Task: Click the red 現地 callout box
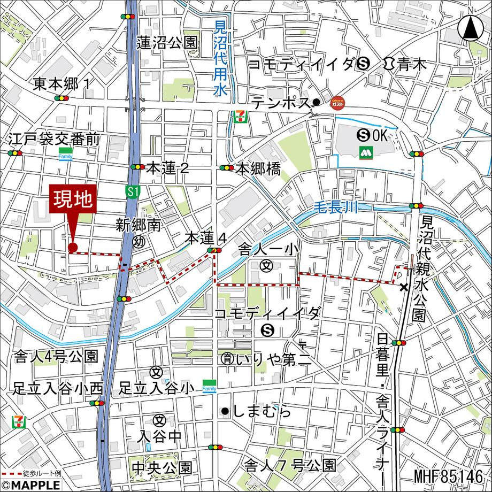point(73,199)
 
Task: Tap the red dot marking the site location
point(73,247)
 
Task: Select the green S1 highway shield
point(133,191)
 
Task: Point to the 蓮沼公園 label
point(167,43)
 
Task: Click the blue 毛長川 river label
point(335,205)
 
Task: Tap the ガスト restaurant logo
point(337,103)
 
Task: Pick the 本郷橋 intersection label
point(258,169)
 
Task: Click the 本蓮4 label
point(206,237)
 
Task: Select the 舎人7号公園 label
point(290,465)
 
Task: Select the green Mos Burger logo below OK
point(366,151)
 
